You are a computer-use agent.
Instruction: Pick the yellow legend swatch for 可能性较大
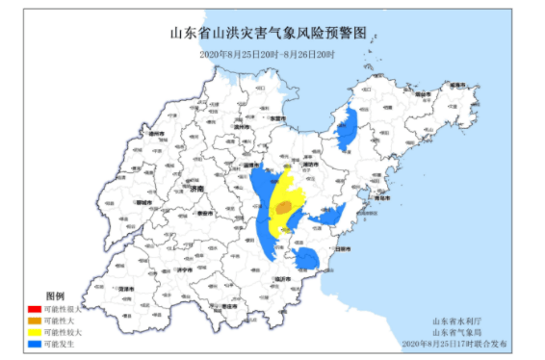pos(35,331)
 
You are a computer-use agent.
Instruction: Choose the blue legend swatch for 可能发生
pos(35,343)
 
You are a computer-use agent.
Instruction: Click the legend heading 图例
pos(55,296)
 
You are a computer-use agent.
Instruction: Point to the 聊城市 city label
pos(143,204)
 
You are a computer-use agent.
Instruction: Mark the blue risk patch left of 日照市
pos(307,257)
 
